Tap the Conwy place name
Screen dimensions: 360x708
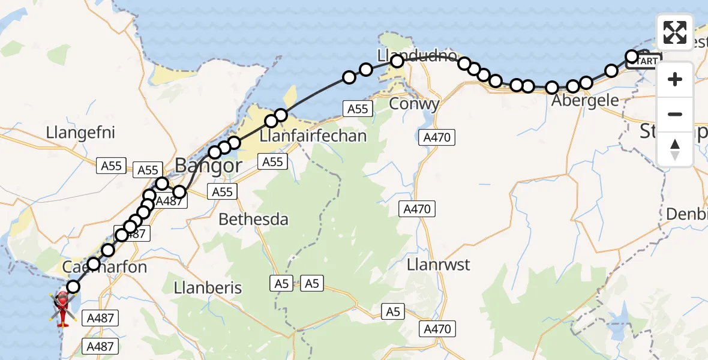coord(415,103)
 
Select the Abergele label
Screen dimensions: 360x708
coord(585,100)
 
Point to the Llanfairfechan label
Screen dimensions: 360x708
coord(313,136)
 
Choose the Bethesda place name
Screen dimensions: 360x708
coord(253,220)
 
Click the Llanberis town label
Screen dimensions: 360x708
coord(208,287)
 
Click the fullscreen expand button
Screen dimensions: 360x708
coord(675,32)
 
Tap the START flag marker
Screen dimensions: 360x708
coord(647,61)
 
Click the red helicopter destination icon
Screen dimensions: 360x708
coord(62,307)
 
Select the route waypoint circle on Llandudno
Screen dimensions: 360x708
coord(397,61)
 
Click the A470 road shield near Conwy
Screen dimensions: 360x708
coord(436,137)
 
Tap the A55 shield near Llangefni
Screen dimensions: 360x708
coord(112,166)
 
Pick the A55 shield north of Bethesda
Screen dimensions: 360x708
coord(222,191)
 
